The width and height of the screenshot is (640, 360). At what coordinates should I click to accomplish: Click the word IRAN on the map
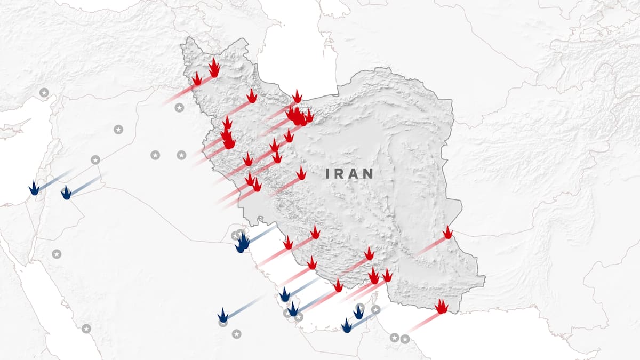350,173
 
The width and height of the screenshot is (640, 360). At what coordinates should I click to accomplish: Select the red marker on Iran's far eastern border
447,233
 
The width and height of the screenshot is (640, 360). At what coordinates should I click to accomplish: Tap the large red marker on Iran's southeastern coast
441,307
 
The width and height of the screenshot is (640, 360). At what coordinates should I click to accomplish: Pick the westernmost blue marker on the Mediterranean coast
34,188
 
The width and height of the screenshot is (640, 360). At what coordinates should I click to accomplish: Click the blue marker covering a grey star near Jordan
66,193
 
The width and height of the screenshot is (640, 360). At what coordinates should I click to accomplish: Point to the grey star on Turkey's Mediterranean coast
44,93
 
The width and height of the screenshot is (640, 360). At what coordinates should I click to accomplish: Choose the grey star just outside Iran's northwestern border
179,108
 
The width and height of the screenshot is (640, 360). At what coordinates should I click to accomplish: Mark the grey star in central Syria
118,129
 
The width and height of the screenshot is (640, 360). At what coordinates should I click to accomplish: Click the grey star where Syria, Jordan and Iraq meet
95,159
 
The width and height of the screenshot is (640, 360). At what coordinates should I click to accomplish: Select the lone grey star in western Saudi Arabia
57,254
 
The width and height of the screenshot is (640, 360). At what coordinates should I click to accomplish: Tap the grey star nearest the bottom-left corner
86,329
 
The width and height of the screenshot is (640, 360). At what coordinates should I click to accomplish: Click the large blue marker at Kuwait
243,243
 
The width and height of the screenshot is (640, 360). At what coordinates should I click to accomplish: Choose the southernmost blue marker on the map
347,326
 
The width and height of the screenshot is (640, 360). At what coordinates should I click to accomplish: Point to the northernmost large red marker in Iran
214,68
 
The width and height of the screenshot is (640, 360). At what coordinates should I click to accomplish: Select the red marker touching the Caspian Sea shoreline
297,97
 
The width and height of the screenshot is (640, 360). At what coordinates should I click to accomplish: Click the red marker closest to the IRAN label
301,173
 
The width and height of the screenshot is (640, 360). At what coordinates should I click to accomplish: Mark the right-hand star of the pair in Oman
405,338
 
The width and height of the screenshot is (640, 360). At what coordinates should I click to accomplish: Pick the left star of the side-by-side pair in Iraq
155,155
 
